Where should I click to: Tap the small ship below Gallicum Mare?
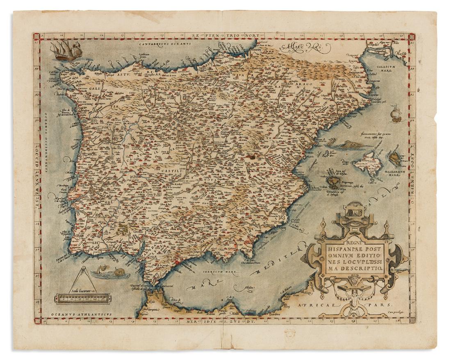(396, 114)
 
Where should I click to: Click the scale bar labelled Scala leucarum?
(82, 298)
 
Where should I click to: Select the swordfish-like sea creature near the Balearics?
(347, 144)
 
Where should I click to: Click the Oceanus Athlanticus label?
(73, 314)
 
